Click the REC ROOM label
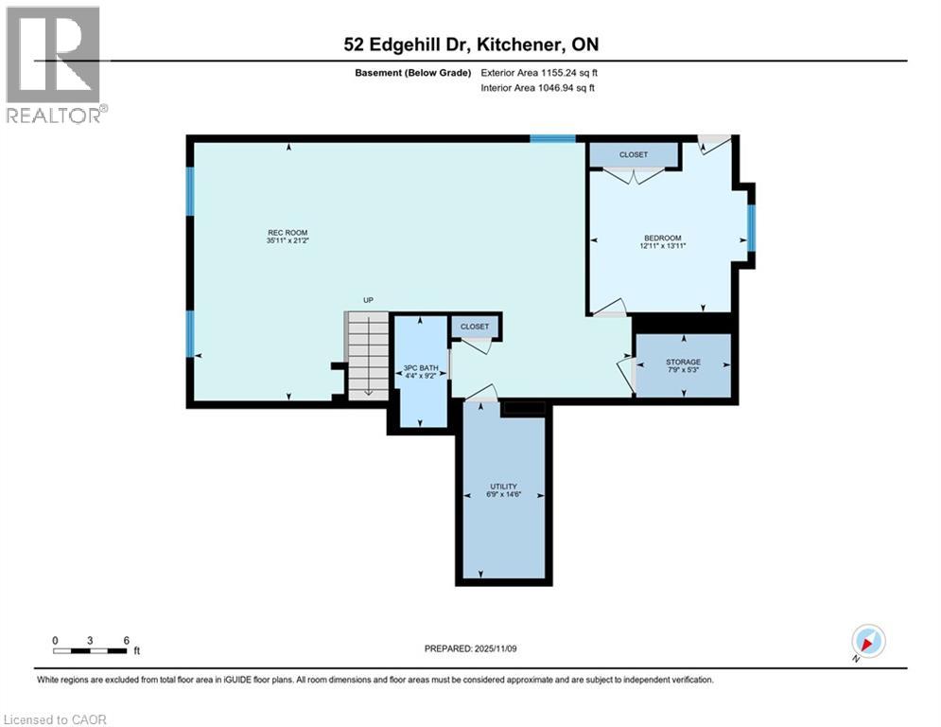287,233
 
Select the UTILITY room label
503,487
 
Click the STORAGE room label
682,362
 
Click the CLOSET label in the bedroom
634,154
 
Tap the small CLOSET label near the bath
475,327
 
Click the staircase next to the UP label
367,354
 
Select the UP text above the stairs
369,300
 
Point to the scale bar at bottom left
91,650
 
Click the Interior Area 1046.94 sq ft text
537,88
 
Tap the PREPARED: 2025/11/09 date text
470,648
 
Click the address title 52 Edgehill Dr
470,44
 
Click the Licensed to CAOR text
56,719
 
